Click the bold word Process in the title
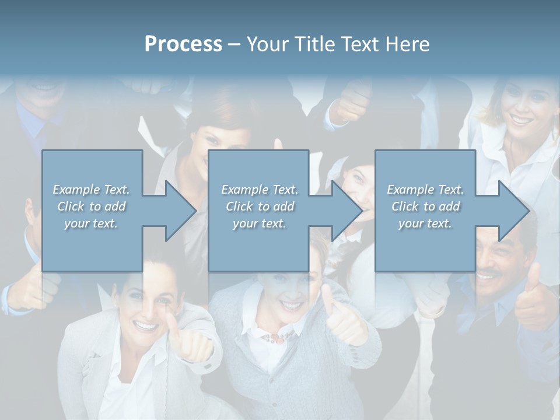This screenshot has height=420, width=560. tap(183, 44)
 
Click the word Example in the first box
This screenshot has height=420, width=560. tap(76, 190)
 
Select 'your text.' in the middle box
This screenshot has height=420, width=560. tap(259, 223)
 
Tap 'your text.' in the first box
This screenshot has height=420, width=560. tap(90, 223)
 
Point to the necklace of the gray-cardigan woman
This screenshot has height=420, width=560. tap(278, 337)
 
